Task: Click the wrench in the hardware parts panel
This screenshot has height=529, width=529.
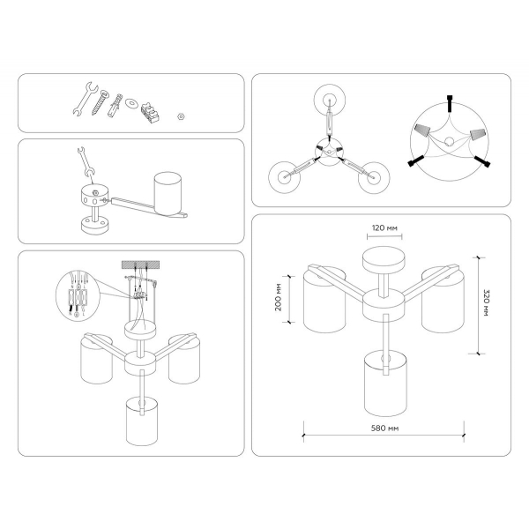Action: click(85, 99)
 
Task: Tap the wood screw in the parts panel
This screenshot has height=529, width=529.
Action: click(101, 102)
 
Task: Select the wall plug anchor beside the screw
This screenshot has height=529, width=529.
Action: click(115, 106)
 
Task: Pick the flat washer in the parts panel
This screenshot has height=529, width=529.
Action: click(130, 103)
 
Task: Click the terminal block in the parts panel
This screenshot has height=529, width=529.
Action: click(150, 112)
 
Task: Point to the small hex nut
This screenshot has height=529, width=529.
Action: click(181, 116)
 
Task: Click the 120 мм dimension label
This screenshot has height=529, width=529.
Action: click(384, 228)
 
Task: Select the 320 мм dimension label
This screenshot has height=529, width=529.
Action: click(486, 302)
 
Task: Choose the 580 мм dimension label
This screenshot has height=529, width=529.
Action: click(384, 428)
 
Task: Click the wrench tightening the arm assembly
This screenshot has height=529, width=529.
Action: click(85, 161)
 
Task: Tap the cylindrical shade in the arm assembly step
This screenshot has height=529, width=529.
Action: click(168, 194)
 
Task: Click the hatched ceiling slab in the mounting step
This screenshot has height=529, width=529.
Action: click(140, 264)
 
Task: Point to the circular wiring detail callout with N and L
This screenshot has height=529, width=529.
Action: click(78, 295)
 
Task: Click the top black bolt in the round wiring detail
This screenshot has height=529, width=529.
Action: click(450, 103)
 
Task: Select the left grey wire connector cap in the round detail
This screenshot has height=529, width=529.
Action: click(421, 130)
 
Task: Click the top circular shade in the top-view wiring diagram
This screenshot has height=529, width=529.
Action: click(330, 100)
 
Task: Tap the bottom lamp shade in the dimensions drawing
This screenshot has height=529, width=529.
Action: click(385, 384)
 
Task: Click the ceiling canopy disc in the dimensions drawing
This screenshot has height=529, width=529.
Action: click(384, 260)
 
